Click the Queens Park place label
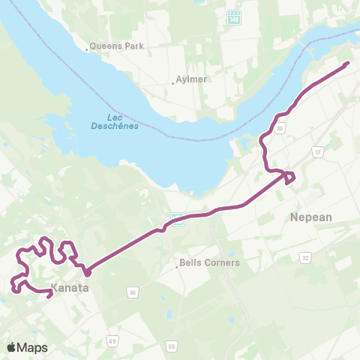(x=118, y=46)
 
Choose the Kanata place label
(x=70, y=287)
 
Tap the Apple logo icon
(x=11, y=347)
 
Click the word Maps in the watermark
(x=33, y=347)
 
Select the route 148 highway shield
(x=233, y=16)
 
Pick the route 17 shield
(x=318, y=151)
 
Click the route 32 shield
(x=305, y=257)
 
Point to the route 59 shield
(x=172, y=346)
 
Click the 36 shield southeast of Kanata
(x=132, y=292)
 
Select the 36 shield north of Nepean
(x=279, y=129)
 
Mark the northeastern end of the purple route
(x=347, y=64)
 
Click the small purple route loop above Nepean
(x=287, y=177)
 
